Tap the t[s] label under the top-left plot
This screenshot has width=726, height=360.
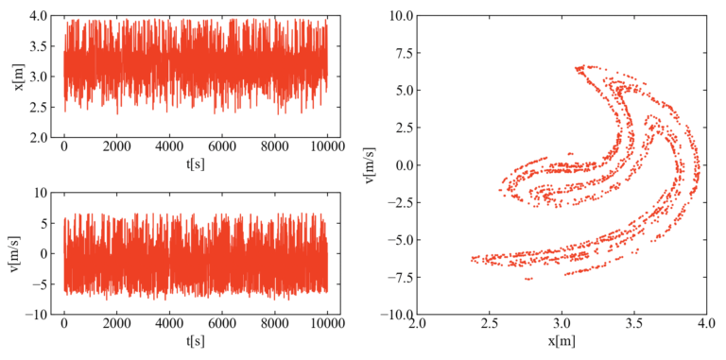click(196, 163)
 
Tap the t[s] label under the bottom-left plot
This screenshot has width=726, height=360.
click(196, 340)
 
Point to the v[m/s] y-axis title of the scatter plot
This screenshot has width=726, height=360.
click(372, 164)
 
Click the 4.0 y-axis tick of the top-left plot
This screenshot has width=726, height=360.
click(38, 16)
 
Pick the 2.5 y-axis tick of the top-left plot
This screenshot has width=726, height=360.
click(38, 107)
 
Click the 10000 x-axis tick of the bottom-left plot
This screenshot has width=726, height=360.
click(327, 325)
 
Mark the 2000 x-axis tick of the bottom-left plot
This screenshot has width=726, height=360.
click(117, 325)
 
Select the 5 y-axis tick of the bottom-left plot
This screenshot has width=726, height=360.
click(43, 223)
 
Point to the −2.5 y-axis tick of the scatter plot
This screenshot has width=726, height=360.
click(396, 202)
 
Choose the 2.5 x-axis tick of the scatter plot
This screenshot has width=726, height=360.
click(490, 325)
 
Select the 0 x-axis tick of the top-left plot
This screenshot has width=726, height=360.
click(64, 148)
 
